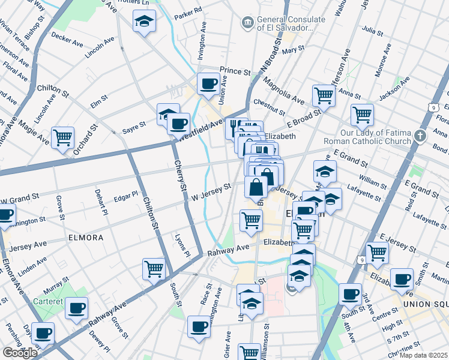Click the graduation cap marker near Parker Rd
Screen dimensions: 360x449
[x=144, y=22]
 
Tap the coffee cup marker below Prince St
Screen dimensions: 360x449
[x=209, y=84]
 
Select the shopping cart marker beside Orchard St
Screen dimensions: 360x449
[x=62, y=138]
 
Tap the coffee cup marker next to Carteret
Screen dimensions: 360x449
[x=76, y=308]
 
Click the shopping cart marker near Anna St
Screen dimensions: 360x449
[x=324, y=95]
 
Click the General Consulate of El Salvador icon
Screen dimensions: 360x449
[x=247, y=23]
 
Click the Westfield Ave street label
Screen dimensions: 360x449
[x=201, y=129]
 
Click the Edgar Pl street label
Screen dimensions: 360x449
[x=126, y=194]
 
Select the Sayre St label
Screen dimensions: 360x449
[x=134, y=125]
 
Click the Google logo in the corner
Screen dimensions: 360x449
[x=20, y=353]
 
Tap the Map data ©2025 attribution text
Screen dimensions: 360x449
[x=423, y=355]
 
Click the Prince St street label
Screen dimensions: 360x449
[x=235, y=71]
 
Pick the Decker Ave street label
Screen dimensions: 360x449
[x=67, y=40]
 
